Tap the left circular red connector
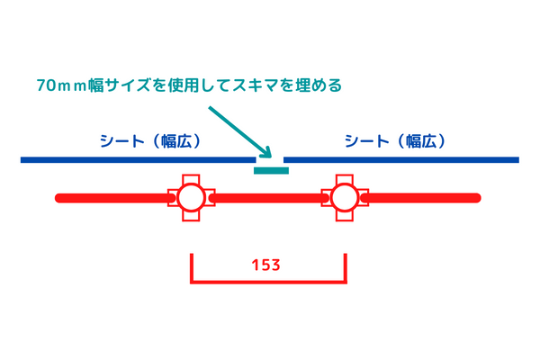(x=190, y=197)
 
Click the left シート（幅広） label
(x=149, y=141)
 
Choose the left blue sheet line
(x=135, y=160)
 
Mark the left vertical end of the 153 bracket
(x=191, y=267)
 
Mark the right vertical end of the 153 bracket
(x=346, y=267)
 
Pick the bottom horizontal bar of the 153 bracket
(x=268, y=281)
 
